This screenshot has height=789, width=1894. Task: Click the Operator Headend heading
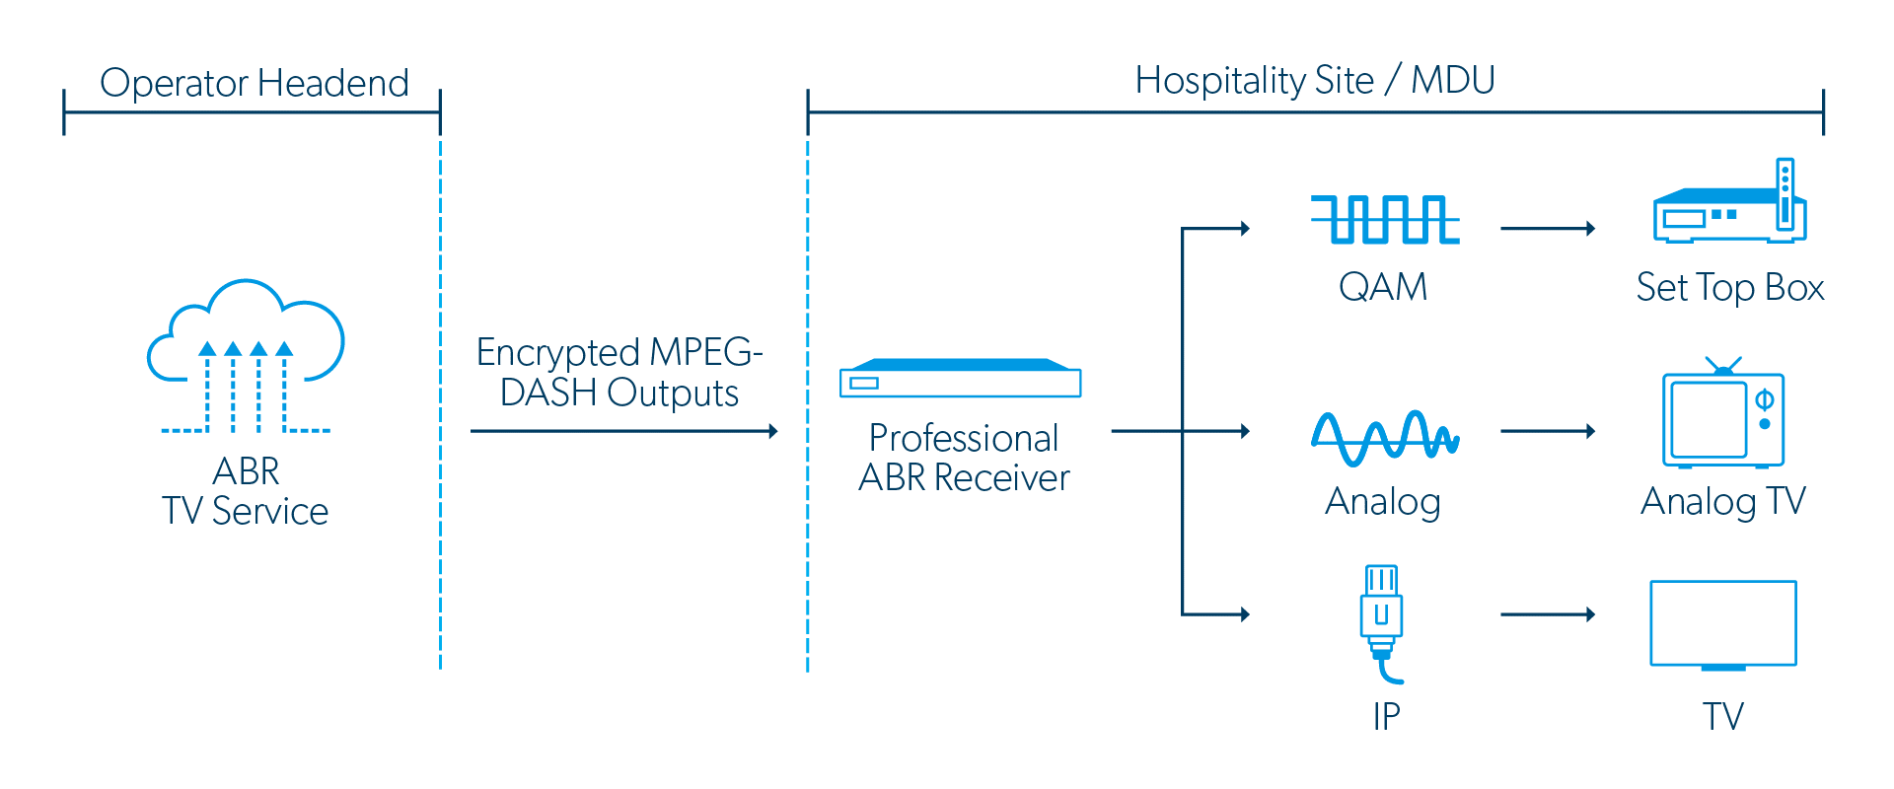click(x=254, y=83)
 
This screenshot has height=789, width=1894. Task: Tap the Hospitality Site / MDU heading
click(x=1314, y=80)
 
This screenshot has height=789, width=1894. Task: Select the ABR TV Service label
click(x=246, y=491)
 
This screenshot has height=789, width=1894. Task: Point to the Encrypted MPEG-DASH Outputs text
click(x=619, y=373)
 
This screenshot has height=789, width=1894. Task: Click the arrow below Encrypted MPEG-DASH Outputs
click(x=623, y=431)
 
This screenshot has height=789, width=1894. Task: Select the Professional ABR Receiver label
click(x=964, y=458)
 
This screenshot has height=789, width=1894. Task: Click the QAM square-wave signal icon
click(x=1384, y=219)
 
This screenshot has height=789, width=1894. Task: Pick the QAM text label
click(x=1383, y=287)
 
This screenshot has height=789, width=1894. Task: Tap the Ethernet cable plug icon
click(x=1381, y=621)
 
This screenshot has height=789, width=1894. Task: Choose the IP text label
click(x=1386, y=716)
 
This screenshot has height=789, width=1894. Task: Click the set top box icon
click(x=1729, y=207)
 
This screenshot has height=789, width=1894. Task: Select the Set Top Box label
click(x=1729, y=288)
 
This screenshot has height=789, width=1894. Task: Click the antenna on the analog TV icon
click(x=1722, y=365)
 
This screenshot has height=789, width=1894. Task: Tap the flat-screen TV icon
click(x=1722, y=625)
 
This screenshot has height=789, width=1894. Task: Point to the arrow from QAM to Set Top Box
click(x=1547, y=229)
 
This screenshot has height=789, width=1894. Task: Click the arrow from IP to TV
click(x=1547, y=614)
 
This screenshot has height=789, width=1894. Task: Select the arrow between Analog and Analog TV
click(x=1547, y=431)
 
